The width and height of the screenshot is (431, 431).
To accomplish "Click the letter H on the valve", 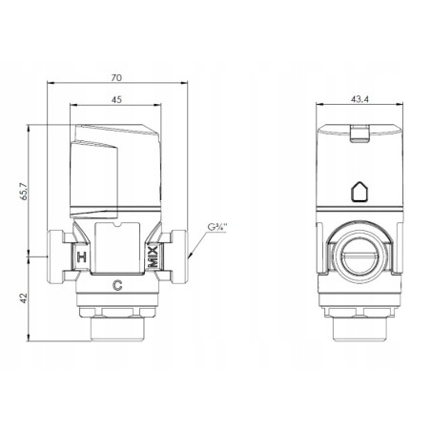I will (82, 257).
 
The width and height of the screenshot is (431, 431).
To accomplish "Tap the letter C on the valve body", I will (117, 284).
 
